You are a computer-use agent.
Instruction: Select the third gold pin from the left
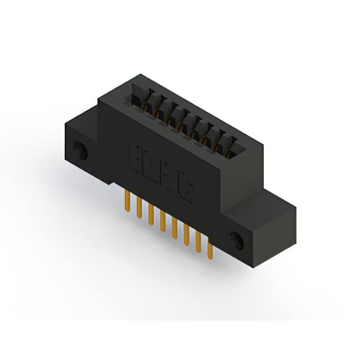150,214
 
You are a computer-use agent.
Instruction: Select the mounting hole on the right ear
236,240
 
